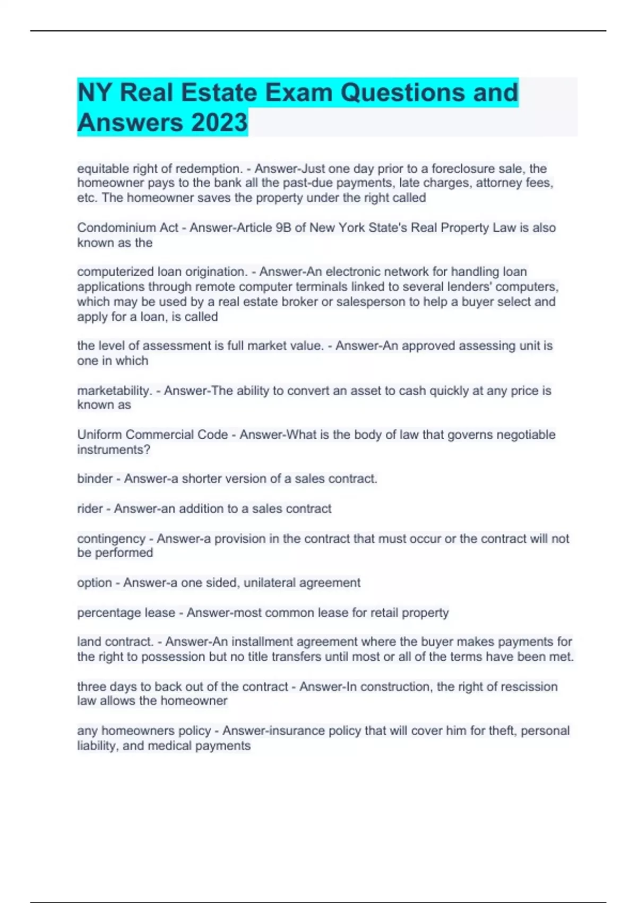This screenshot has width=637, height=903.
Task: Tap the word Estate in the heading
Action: tap(219, 92)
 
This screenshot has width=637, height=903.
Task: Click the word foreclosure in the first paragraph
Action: tap(461, 168)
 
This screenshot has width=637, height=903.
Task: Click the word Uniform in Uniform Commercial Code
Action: tap(99, 435)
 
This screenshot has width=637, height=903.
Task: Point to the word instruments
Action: tap(113, 449)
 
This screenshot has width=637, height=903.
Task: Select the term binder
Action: tap(94, 479)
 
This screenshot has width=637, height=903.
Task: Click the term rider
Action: tap(90, 509)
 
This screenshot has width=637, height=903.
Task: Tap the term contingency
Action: tap(111, 539)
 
